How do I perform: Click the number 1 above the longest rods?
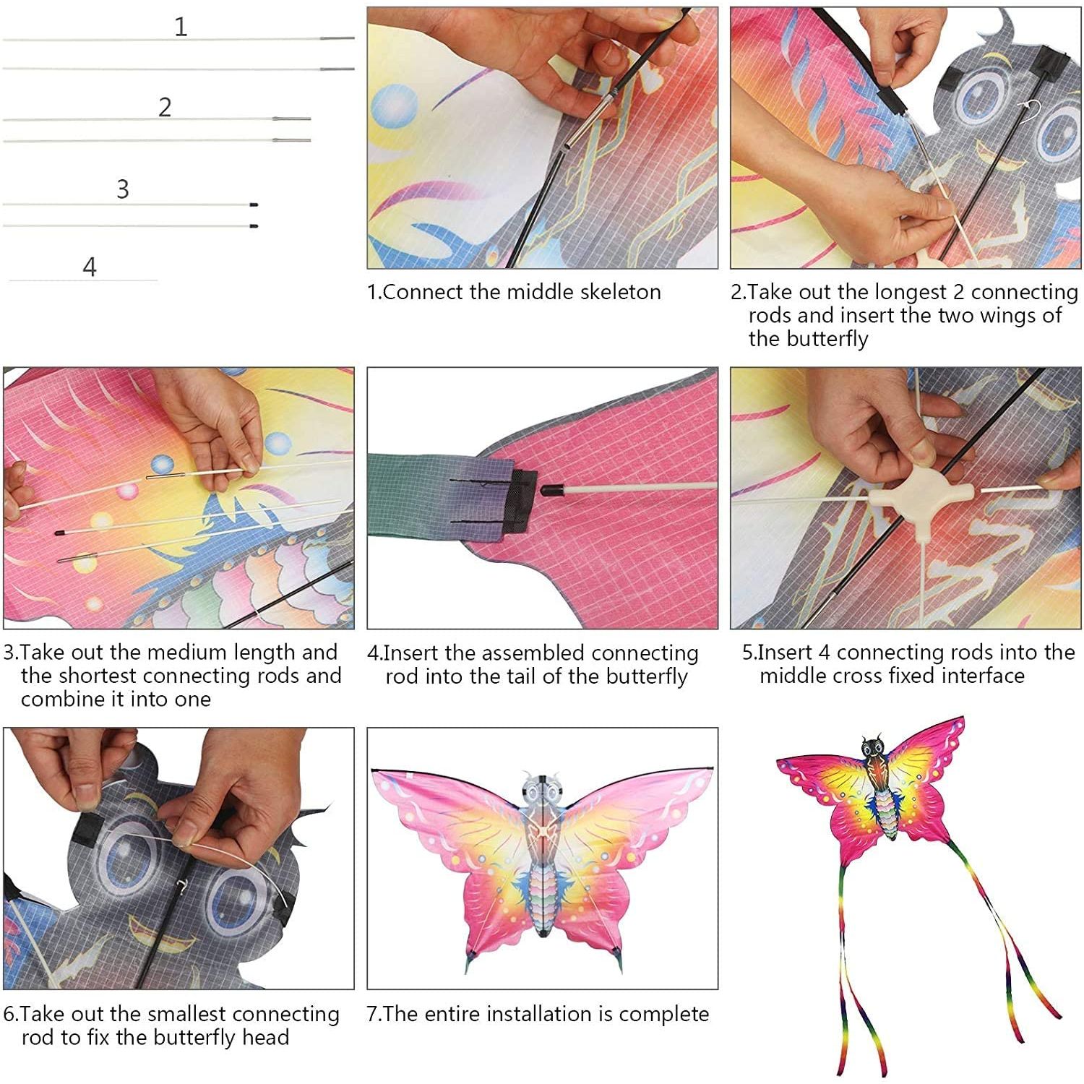(x=181, y=27)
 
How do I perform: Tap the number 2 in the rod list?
(x=165, y=108)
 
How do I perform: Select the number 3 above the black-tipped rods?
(x=123, y=189)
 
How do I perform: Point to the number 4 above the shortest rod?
(x=90, y=267)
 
